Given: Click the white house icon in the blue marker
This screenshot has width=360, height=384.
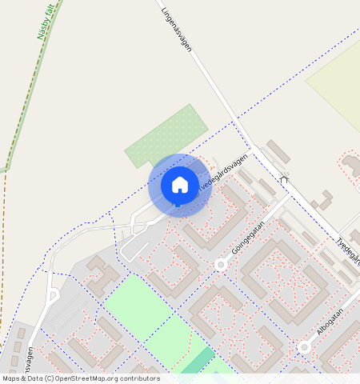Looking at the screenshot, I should (180, 185).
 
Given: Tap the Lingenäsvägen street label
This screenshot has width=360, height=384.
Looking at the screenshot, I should (178, 31).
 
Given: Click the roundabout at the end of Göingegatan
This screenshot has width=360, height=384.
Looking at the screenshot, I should (220, 264).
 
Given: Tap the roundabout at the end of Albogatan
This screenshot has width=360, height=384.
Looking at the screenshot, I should (304, 346).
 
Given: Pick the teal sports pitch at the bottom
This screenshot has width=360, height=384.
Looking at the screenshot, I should (198, 361).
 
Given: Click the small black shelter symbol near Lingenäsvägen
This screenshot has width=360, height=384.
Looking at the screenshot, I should (283, 179).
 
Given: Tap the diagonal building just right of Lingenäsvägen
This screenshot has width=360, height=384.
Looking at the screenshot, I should (278, 151).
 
